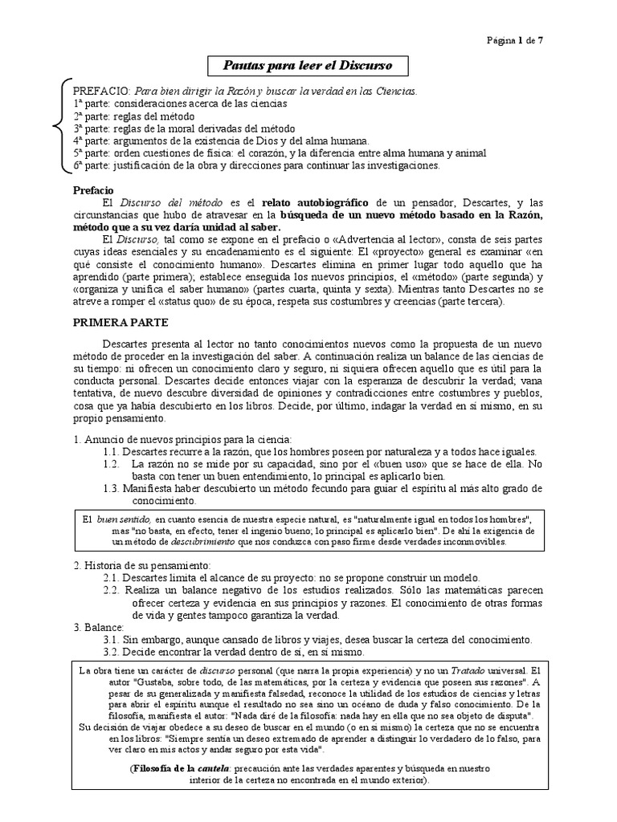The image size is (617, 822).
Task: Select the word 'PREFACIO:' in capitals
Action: (102, 92)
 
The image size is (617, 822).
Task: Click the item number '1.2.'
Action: (113, 464)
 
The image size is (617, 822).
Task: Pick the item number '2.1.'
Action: (114, 578)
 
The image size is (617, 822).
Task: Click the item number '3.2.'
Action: (114, 653)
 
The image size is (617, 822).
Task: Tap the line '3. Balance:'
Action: (99, 627)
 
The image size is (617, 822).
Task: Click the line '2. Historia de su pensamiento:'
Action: (141, 566)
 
